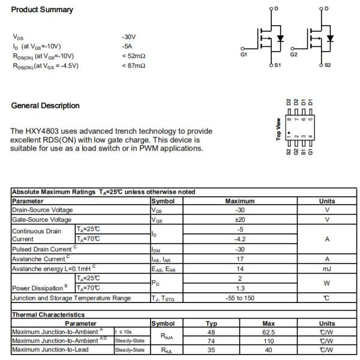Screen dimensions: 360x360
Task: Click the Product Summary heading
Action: point(42,10)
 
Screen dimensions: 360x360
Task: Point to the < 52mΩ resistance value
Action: point(133,56)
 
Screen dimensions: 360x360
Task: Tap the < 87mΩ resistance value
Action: point(133,65)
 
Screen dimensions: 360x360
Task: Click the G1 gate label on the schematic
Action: point(244,55)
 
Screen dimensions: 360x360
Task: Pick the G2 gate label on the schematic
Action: point(293,55)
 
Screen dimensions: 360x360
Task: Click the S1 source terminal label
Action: point(277,65)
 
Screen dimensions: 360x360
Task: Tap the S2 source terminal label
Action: point(327,65)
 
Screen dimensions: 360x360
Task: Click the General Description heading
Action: point(45,106)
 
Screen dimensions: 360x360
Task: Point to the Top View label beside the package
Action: point(279,128)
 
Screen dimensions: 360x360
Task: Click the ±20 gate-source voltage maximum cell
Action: point(240,220)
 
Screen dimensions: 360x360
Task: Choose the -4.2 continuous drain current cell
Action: point(240,239)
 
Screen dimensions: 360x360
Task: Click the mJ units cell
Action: point(327,269)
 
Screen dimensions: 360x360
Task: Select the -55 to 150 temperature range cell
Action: point(240,298)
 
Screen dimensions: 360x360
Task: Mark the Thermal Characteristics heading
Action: point(49,314)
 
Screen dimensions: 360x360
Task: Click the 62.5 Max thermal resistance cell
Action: point(268,332)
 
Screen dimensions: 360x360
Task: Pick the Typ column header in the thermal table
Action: point(211,323)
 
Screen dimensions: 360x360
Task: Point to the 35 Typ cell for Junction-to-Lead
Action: point(211,350)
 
